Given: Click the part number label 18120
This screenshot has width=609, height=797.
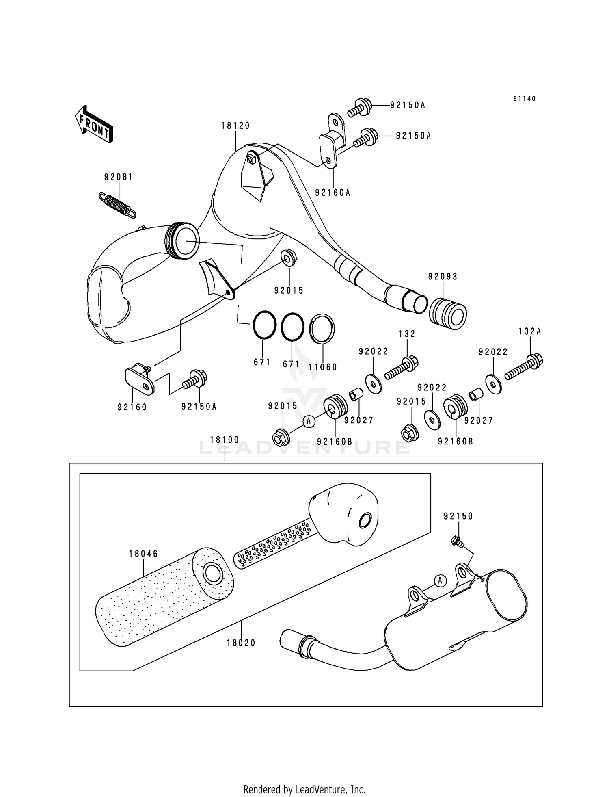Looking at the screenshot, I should tap(235, 126).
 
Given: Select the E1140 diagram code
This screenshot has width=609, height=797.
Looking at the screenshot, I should tap(524, 99).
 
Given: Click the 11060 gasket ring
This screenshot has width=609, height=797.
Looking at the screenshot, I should tap(322, 329).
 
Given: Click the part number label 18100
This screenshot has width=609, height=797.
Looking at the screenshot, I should tap(225, 440).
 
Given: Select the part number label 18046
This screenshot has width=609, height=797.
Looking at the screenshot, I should tap(143, 554).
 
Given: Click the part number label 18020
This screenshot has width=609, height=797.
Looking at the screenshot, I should tap(241, 643).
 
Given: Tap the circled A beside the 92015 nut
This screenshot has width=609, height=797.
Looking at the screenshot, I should tap(309, 421).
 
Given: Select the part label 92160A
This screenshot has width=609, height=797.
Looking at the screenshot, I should tap(333, 193).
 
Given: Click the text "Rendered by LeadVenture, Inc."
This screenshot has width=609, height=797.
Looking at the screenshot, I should tap(304, 789).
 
